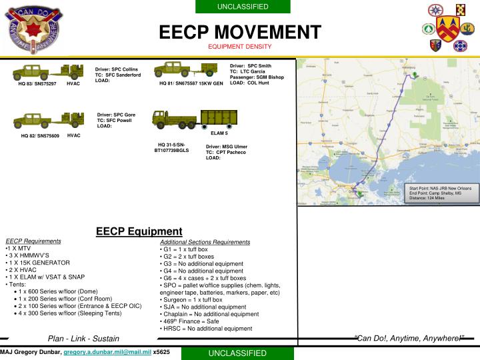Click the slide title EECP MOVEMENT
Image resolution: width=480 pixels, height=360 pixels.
click(239, 31)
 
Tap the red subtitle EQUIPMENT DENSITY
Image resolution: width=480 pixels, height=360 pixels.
click(239, 47)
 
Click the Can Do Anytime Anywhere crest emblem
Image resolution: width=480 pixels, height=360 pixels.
click(33, 30)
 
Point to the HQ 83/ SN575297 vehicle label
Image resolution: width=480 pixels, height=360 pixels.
click(37, 84)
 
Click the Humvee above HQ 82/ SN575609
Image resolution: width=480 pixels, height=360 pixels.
click(31, 120)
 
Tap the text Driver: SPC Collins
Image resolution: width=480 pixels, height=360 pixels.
click(116, 69)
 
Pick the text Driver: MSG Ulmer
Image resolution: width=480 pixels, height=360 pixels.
click(227, 146)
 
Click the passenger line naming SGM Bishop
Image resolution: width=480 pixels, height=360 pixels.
click(257, 77)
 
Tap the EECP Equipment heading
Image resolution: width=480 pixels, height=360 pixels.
click(139, 231)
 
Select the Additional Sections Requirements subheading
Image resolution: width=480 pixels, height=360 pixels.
click(205, 242)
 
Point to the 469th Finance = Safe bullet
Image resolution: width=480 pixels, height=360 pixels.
click(191, 321)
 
